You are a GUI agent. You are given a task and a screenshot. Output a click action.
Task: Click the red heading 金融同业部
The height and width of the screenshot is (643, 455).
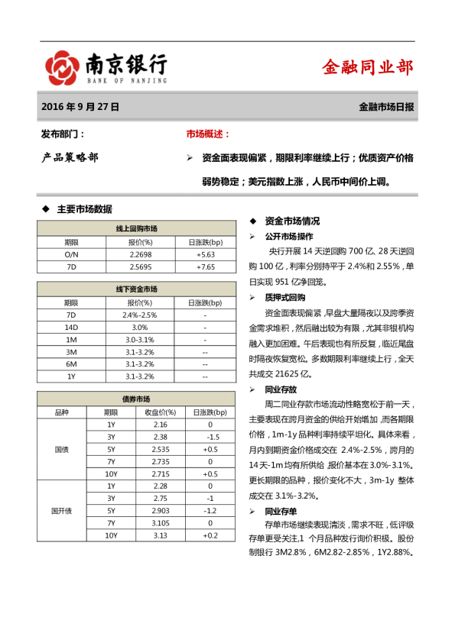coord(368,67)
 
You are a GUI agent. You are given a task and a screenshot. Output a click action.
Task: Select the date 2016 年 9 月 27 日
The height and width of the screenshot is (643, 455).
coord(80,108)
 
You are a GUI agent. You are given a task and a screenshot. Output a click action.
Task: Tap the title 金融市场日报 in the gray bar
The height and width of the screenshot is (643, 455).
coord(386,108)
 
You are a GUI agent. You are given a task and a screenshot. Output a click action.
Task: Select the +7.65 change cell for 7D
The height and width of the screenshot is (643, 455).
coord(205,267)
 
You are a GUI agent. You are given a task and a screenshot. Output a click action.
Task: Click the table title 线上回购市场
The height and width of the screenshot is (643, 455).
coord(137,228)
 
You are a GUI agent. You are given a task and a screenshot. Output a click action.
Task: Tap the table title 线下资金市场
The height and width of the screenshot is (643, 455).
coord(137,289)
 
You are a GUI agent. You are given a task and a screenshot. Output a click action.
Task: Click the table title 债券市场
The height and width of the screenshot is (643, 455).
coord(137,399)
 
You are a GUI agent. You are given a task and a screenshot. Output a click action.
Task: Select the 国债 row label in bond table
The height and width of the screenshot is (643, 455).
coord(61,449)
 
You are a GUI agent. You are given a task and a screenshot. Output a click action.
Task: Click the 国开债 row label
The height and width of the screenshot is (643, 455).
coord(61,510)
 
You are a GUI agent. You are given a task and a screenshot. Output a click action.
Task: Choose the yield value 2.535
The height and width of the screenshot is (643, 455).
coord(161,449)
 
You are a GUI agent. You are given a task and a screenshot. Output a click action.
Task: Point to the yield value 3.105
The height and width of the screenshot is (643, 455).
coord(161,523)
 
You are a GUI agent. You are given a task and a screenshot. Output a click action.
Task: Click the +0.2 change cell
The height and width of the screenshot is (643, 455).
coord(210,535)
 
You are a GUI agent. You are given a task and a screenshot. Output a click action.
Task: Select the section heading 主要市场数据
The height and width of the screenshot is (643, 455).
coord(84,208)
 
